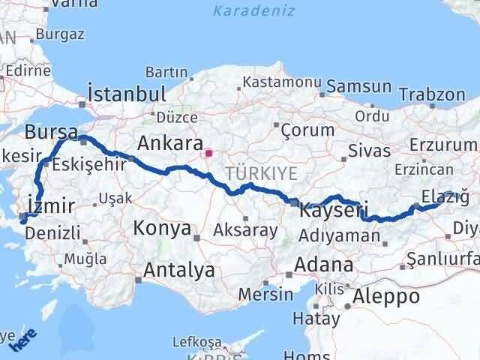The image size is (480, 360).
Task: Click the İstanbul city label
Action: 127,94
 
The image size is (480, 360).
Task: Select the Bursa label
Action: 50,133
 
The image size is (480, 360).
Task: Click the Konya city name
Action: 163,229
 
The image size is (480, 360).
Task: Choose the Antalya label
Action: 179,269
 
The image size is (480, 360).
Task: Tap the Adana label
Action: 324,264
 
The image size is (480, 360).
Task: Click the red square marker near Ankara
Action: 209,156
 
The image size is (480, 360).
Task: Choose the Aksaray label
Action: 245,229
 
